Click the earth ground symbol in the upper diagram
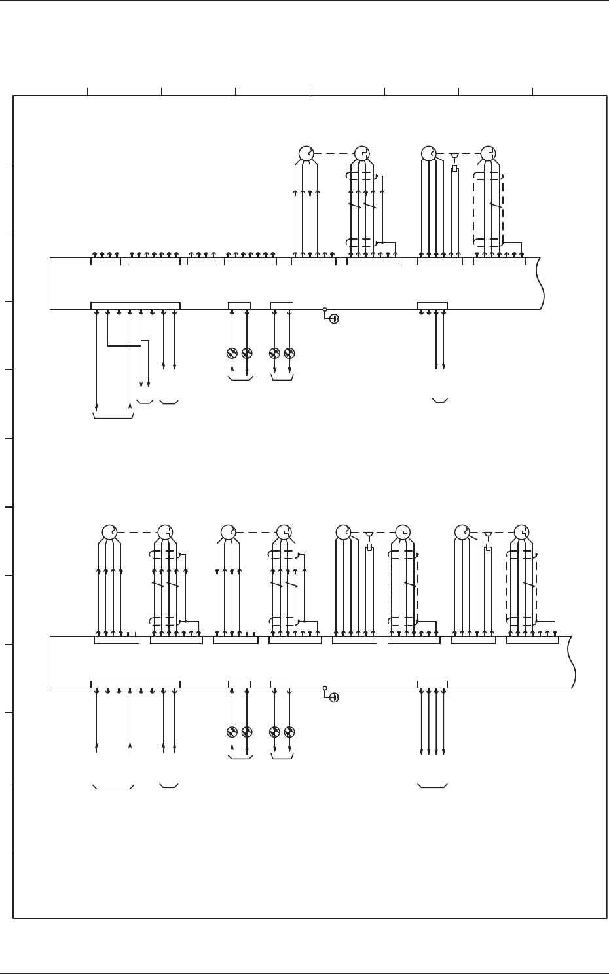pos(333,319)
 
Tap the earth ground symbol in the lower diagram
pos(333,698)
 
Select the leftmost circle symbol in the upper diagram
pos(306,154)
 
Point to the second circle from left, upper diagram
pos(361,154)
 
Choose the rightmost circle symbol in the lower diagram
pos(521,531)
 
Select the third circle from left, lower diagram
pos(228,531)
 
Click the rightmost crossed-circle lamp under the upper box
pos(289,354)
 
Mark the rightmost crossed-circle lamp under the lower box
pos(289,732)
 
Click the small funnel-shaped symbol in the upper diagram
pos(454,156)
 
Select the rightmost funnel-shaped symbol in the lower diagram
pos(487,534)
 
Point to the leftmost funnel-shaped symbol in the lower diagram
pos(369,534)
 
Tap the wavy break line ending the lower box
pos(573,662)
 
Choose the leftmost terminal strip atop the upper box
pos(105,261)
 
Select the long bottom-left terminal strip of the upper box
pos(135,306)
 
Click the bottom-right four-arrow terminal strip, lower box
pos(432,684)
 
